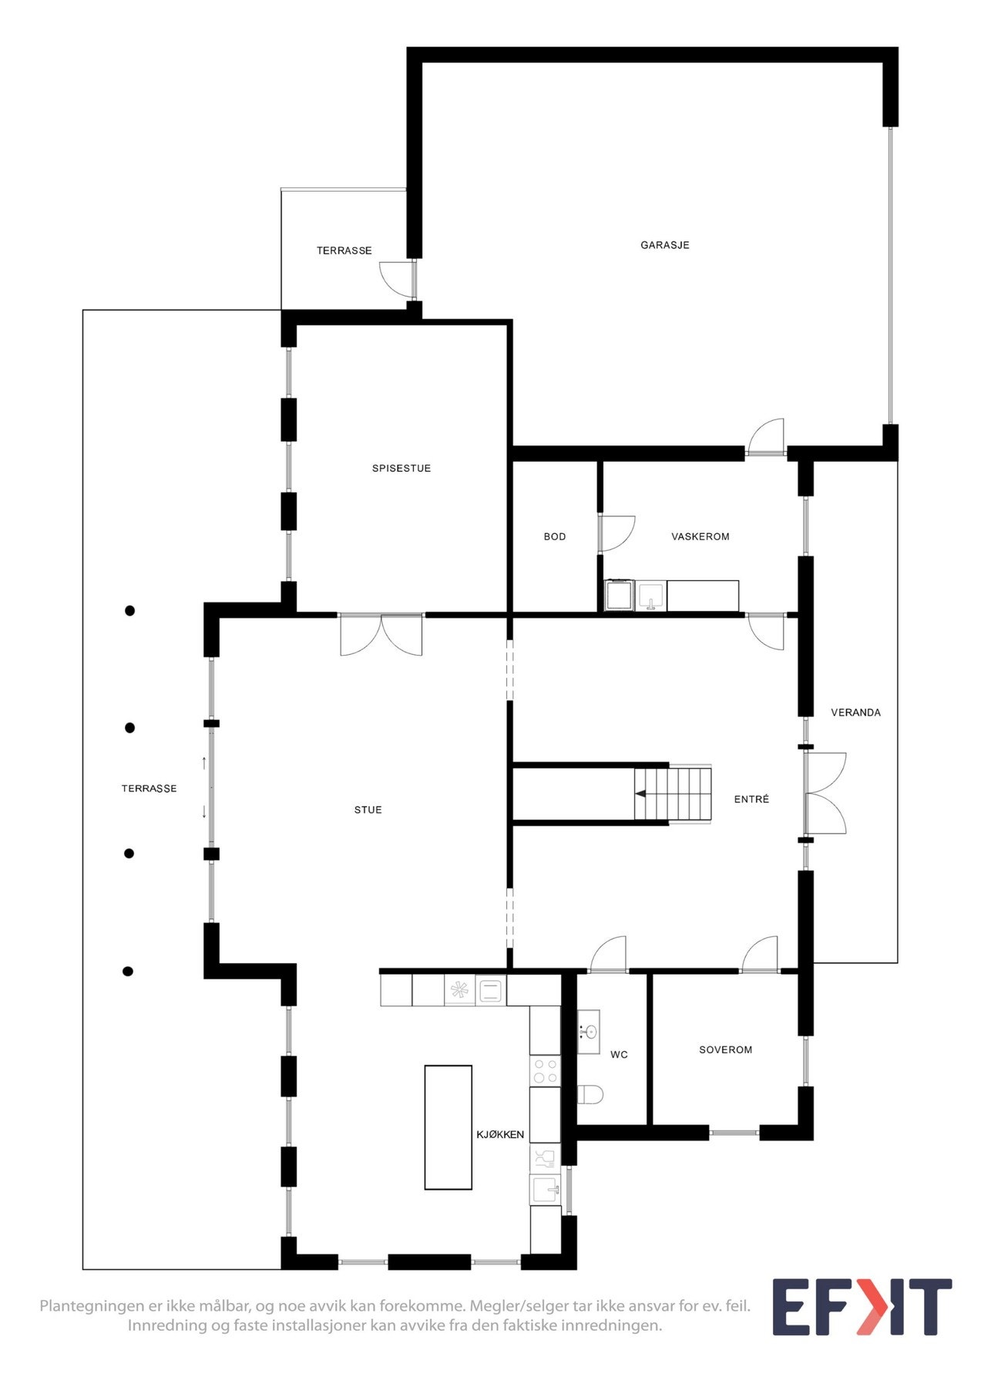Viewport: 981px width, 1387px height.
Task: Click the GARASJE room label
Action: click(x=664, y=245)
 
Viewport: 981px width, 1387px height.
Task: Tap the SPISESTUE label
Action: click(x=401, y=468)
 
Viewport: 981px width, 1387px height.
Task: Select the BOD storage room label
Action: click(x=554, y=536)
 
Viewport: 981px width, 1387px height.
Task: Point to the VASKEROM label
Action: click(x=700, y=536)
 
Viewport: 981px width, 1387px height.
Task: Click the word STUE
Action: click(x=368, y=810)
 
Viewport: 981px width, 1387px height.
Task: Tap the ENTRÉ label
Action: click(x=751, y=800)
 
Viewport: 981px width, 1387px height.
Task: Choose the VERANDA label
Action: click(x=855, y=713)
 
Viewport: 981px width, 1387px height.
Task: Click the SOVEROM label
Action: click(x=725, y=1049)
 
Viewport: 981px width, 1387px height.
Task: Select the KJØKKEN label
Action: click(x=500, y=1134)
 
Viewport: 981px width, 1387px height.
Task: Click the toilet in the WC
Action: click(x=590, y=1093)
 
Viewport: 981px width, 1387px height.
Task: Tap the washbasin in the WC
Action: click(x=589, y=1031)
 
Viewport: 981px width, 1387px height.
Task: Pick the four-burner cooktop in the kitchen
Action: click(x=545, y=1070)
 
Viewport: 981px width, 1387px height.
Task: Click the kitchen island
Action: click(x=448, y=1127)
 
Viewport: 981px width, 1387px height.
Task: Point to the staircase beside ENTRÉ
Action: click(x=673, y=794)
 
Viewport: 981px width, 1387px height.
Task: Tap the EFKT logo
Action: click(x=862, y=1307)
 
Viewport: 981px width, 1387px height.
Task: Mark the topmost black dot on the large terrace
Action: click(x=130, y=611)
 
